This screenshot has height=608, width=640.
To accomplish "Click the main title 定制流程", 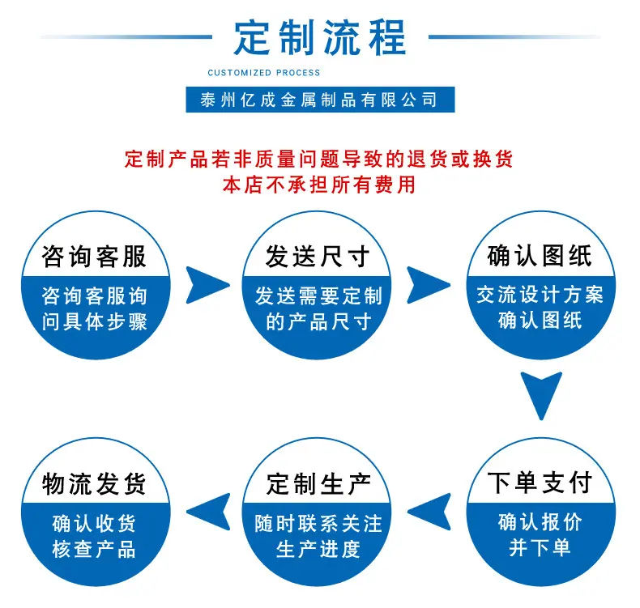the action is [320, 37].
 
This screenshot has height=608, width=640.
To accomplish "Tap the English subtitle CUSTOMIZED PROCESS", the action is [263, 73].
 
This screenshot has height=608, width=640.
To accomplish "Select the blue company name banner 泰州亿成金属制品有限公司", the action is [320, 100].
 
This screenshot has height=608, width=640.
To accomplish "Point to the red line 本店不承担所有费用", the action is [319, 185].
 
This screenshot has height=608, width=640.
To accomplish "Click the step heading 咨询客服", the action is [94, 257].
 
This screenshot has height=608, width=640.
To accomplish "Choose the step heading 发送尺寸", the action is [318, 257].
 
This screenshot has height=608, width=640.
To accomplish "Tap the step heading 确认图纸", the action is [540, 256].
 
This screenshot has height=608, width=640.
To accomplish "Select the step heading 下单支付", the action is [540, 483].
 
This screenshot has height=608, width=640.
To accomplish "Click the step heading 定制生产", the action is [318, 484].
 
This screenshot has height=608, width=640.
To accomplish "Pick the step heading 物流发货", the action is [94, 484].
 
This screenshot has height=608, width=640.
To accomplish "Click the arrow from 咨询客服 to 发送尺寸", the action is [206, 285].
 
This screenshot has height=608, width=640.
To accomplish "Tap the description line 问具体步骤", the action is [94, 322].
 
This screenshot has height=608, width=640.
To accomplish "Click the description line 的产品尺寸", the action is [318, 322].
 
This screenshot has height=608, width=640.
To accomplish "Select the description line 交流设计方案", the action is [540, 295].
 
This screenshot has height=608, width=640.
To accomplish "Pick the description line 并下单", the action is [540, 547].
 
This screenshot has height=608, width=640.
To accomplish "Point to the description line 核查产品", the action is [94, 549].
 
